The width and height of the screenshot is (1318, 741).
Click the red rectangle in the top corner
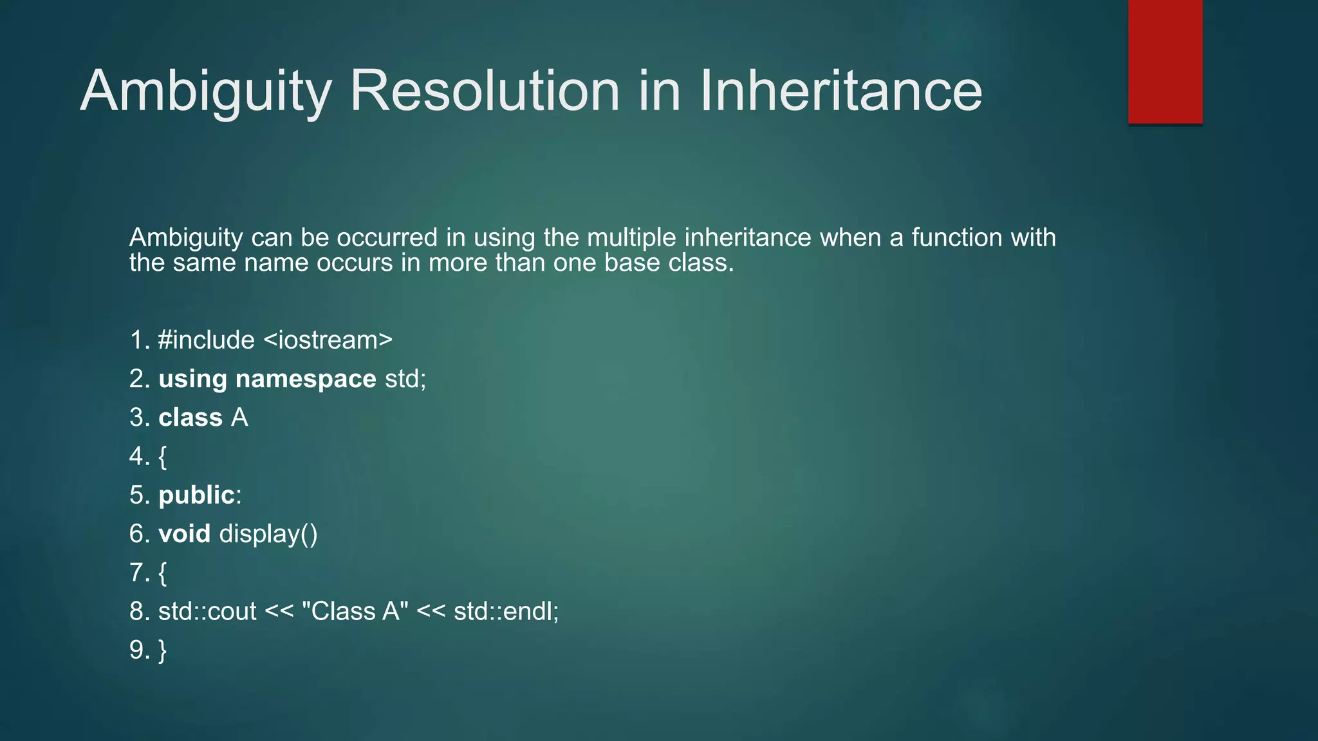[1165, 61]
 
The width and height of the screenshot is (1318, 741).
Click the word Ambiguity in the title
[205, 91]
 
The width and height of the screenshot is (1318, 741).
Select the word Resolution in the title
[485, 91]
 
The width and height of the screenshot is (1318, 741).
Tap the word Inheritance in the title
[840, 91]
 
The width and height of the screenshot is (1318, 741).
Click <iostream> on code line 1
[328, 340]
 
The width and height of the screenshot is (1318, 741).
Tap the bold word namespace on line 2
[306, 379]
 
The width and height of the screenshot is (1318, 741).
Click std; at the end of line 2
[405, 379]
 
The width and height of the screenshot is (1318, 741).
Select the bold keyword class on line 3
[190, 417]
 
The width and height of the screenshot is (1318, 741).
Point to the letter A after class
[239, 417]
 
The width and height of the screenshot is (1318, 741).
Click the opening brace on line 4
[162, 457]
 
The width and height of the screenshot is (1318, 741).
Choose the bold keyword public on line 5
[196, 495]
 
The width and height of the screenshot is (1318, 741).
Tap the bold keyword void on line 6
[185, 534]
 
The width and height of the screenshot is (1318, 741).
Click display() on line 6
[268, 535]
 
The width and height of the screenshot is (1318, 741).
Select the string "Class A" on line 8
[355, 611]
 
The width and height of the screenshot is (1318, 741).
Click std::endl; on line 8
[506, 611]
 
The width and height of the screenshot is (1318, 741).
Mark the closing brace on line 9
[162, 650]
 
